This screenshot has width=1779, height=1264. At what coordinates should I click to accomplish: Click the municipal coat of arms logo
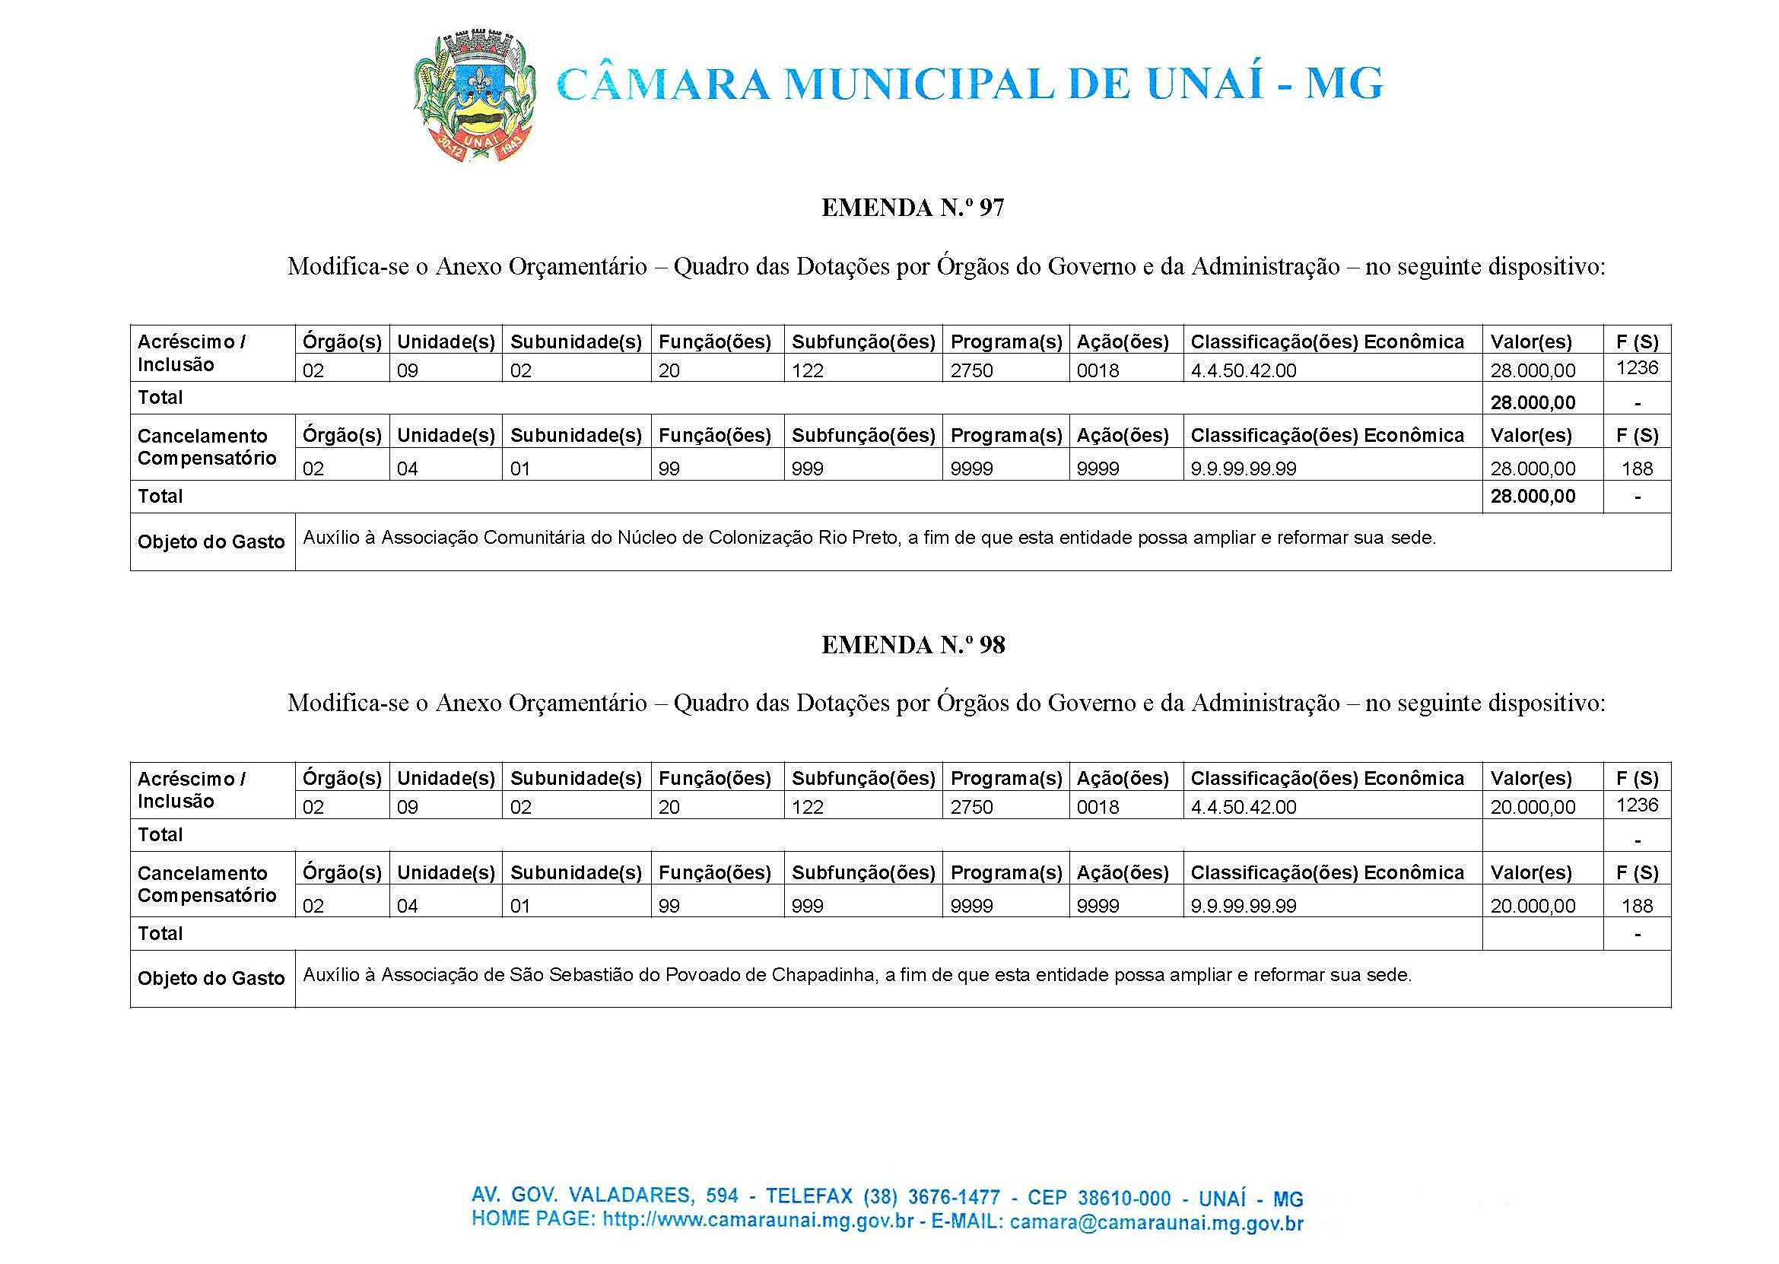(474, 97)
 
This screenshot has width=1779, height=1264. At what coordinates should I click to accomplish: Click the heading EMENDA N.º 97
(912, 208)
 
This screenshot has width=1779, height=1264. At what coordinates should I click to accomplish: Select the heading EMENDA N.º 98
(912, 645)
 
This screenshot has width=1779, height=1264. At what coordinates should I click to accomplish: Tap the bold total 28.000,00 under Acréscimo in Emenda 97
(1533, 402)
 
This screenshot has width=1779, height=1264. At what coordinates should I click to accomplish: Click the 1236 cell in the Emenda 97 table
(1637, 367)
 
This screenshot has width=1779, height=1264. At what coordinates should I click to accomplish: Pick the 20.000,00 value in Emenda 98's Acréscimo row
(1533, 807)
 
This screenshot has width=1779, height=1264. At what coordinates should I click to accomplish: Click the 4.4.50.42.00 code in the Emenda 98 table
(1243, 807)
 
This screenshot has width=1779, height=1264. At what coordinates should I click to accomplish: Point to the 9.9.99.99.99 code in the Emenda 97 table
(1243, 468)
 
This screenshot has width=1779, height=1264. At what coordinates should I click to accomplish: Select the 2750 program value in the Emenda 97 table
(971, 370)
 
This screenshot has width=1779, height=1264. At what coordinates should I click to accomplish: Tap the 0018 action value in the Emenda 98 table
(1098, 807)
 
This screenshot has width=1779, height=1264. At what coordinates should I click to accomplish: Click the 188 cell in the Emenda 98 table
(1637, 905)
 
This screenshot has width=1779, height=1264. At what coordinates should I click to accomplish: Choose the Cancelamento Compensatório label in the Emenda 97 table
(207, 446)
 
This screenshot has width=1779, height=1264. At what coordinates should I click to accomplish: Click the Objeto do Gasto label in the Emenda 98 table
(211, 978)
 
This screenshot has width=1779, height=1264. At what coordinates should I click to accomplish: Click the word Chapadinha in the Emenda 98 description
(824, 974)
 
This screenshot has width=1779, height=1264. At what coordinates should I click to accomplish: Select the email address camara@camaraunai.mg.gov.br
(1155, 1222)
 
